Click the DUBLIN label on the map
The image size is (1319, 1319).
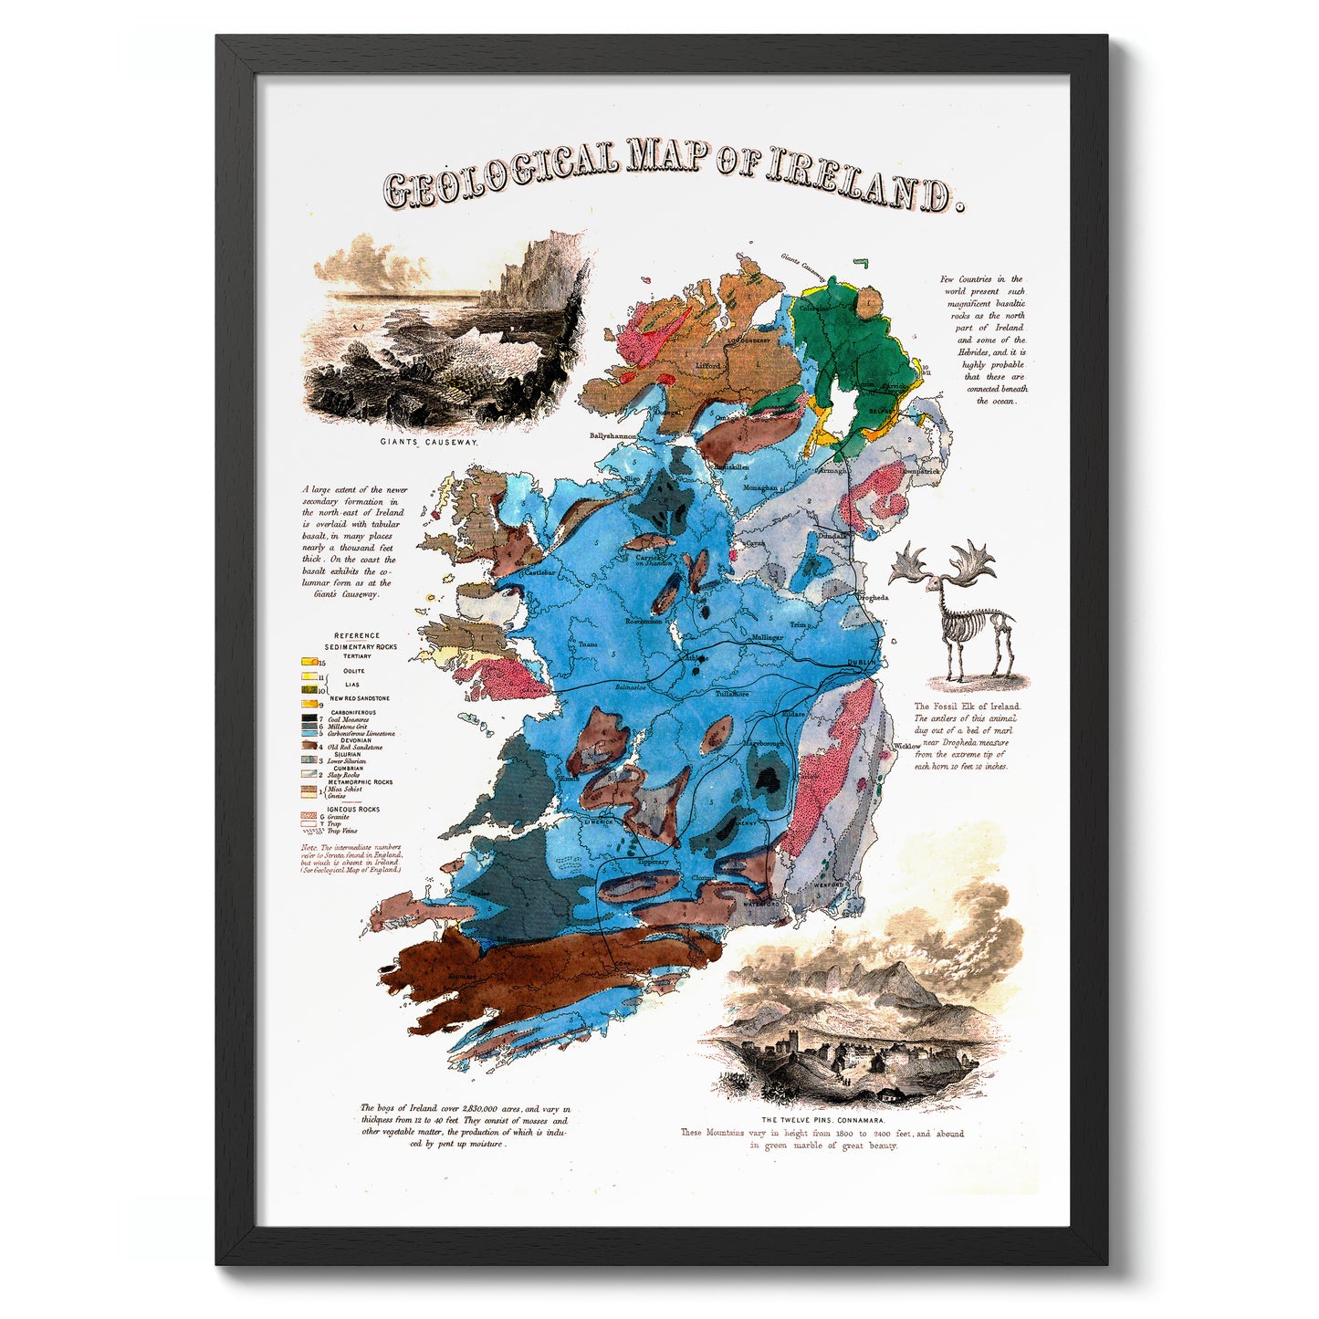[x=860, y=663]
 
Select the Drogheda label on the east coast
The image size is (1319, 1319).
[x=873, y=598]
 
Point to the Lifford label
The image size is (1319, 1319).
[x=708, y=365]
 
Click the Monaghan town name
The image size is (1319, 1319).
[x=760, y=488]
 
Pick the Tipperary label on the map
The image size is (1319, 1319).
[x=654, y=862]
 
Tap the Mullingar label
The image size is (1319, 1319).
[x=768, y=637]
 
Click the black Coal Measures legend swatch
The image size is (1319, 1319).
[x=309, y=719]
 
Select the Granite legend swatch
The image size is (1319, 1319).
[x=309, y=816]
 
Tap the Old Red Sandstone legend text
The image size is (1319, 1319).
[x=355, y=748]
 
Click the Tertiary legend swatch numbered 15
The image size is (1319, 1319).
[x=309, y=661]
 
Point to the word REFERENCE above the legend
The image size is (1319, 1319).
[x=357, y=635]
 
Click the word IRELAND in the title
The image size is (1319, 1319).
[x=858, y=183]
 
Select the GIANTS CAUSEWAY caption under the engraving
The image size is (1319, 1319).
[x=428, y=442]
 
